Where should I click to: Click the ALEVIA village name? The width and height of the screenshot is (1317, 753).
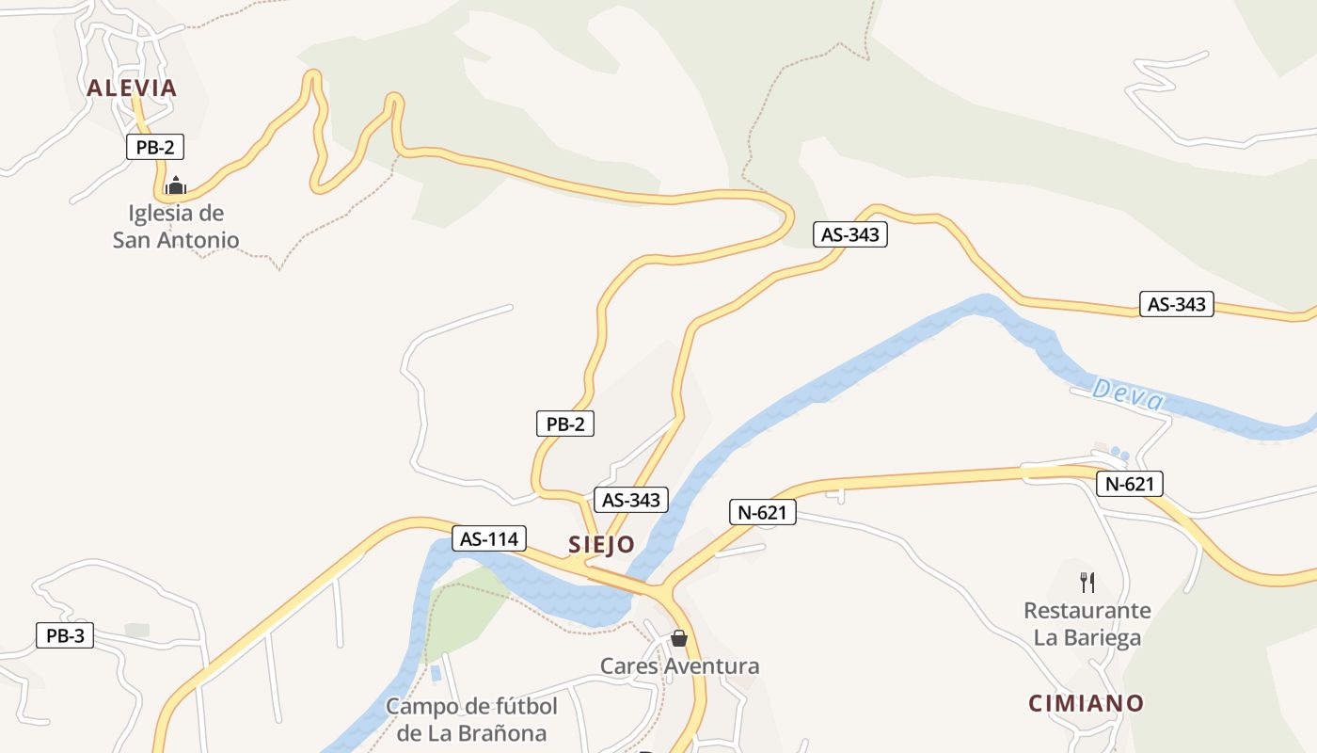132,88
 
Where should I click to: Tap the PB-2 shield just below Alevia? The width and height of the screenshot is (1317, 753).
155,147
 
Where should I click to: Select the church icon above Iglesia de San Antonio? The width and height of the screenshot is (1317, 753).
175,184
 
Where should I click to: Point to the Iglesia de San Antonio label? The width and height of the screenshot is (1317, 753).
176,227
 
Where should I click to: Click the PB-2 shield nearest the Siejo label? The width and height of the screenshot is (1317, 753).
564,424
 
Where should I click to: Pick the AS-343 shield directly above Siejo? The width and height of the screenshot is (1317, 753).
630,500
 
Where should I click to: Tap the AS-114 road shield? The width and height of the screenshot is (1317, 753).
489,538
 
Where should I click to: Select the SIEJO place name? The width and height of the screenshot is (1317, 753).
601,545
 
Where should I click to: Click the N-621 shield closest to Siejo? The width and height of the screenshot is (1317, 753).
763,512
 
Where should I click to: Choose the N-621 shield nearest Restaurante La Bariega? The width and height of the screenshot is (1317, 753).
1130,484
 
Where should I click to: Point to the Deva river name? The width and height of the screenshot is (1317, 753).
1129,394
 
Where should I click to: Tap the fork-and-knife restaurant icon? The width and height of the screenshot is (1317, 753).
1087,582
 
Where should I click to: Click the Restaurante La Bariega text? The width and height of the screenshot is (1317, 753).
1087,624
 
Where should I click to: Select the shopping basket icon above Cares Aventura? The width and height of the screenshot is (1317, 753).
679,638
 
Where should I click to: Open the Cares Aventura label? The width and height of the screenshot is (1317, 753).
679,666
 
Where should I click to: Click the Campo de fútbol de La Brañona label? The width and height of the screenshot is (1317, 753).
471,720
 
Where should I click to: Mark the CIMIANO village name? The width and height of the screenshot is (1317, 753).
1087,703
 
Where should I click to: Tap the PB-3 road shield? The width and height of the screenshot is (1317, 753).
65,635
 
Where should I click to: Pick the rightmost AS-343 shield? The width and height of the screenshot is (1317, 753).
1176,304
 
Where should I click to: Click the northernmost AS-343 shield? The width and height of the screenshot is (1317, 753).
849,234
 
